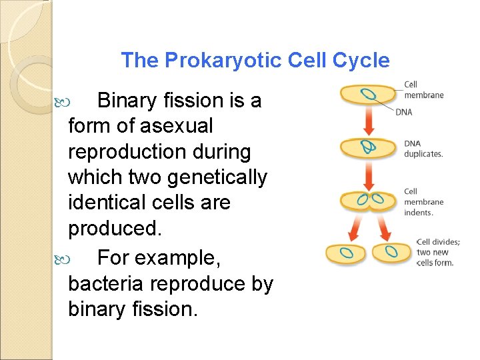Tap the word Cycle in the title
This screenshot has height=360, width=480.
pos(364,61)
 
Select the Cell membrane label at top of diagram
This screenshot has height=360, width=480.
pos(423,90)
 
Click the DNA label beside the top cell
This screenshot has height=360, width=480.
pos(404,112)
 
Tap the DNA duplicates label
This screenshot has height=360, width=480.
pos(423,149)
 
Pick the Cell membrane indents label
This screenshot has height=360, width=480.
pos(423,202)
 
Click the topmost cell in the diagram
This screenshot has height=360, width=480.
pos(368,94)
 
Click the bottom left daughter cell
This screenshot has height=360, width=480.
pos(345,253)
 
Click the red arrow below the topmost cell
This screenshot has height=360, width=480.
pos(368,120)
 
